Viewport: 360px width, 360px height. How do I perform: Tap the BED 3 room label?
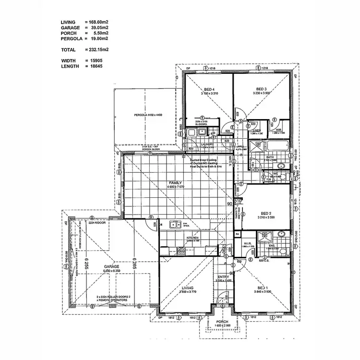click(261, 89)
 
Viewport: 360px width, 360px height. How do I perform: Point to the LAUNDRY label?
click(208, 144)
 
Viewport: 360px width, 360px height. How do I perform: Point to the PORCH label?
click(222, 322)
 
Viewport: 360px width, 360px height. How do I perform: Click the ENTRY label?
click(224, 277)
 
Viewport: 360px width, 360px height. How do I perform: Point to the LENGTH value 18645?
click(95, 66)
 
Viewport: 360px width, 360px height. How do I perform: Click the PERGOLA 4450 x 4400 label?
click(148, 115)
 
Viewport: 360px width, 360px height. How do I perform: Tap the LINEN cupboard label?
click(257, 131)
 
